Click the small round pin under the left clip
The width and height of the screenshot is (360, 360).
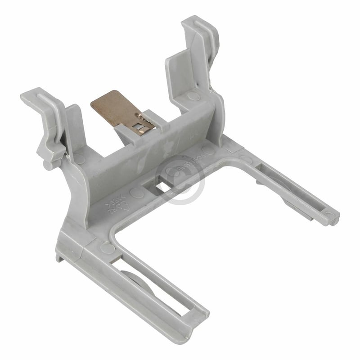click(47, 165)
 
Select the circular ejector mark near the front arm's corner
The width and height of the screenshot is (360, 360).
click(108, 248)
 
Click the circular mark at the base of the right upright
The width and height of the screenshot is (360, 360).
click(193, 96)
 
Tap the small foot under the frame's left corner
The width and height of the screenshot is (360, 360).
click(59, 257)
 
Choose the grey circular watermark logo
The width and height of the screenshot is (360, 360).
click(180, 180)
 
